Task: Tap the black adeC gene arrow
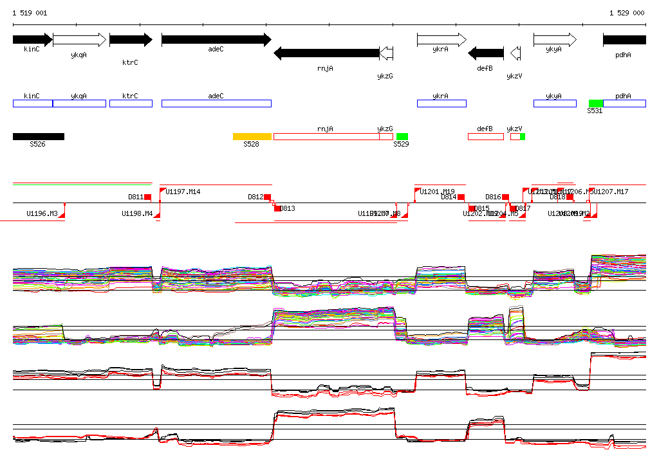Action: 216,40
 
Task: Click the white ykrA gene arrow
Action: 441,40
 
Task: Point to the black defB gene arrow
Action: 486,53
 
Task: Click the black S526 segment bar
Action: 39,136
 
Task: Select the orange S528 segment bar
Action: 252,136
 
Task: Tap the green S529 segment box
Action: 402,136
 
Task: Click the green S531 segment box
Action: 596,104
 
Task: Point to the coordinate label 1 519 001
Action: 30,13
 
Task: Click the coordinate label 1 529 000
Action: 626,13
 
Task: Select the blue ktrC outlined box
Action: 131,104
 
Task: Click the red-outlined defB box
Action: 486,136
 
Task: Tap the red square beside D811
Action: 147,197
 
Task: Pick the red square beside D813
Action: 277,208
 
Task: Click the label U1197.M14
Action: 183,192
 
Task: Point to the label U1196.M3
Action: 42,213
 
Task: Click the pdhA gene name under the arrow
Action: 623,55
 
